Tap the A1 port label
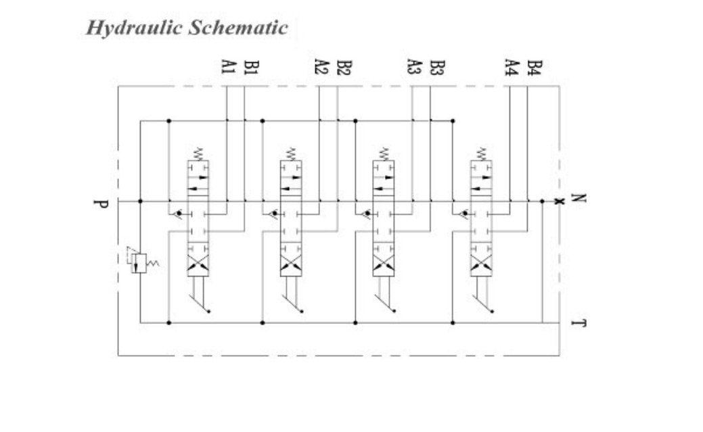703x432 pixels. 228,67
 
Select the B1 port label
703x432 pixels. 250,67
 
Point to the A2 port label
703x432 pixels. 321,67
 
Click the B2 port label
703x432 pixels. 343,67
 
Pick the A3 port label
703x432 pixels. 414,67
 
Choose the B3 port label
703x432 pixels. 436,67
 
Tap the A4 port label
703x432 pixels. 512,67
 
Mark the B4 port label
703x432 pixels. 534,67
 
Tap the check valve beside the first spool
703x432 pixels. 177,214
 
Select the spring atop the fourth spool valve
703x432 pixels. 482,153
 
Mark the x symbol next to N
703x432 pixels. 558,201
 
